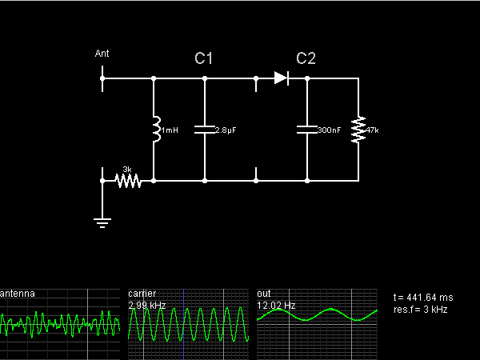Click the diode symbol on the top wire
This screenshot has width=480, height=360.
[281, 78]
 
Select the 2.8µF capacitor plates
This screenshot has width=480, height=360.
[205, 130]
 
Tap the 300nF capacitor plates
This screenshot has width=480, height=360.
[307, 130]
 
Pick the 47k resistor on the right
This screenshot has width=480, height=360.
[358, 130]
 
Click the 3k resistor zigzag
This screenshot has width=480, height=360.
[128, 181]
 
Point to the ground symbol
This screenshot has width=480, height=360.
[102, 222]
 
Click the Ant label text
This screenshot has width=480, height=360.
[102, 54]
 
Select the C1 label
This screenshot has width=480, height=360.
[204, 58]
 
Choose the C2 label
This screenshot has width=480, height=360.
[306, 58]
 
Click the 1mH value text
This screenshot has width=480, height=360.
[170, 130]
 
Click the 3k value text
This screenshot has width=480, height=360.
[127, 169]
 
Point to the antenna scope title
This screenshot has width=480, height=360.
[18, 294]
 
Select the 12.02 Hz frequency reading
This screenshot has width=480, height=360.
[276, 306]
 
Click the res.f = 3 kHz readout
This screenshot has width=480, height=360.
[421, 309]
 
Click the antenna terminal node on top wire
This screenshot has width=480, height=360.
[102, 78]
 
